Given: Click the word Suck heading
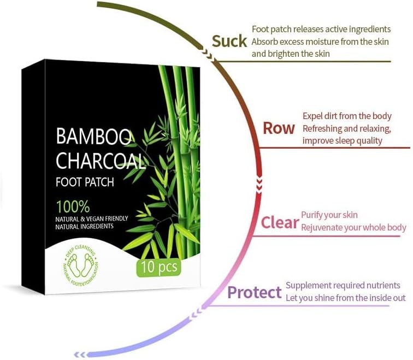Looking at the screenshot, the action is point(229,42).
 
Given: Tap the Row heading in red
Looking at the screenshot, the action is point(279,128).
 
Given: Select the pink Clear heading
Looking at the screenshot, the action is point(279,222).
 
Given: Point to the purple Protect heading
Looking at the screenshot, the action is point(254,292).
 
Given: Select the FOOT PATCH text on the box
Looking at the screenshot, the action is point(85,182).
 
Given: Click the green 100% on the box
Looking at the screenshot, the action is point(72,206).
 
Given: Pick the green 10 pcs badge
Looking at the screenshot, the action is point(159,268).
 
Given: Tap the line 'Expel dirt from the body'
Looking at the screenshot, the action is point(347,116).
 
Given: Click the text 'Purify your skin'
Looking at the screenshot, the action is point(329,215).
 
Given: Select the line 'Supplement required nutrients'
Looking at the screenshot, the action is point(343,286).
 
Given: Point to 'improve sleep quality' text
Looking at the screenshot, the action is point(343,140).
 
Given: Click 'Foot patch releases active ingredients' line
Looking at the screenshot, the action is point(321,29).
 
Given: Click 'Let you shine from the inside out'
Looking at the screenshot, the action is point(346,298).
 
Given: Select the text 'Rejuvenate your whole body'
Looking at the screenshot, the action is point(353,227).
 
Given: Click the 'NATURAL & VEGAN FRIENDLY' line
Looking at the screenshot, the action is point(92,219).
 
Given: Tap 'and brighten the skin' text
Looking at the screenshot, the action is point(291,54).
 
